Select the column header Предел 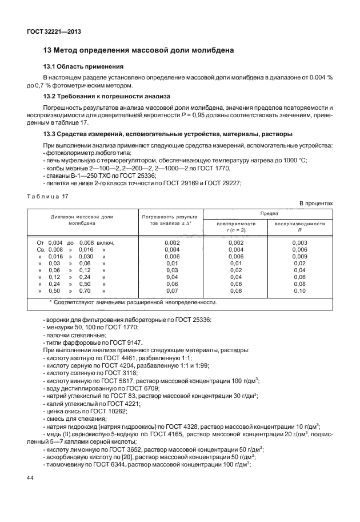tap(268, 212)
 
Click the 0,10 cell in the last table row tap(299, 290)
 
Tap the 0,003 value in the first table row tap(299, 242)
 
